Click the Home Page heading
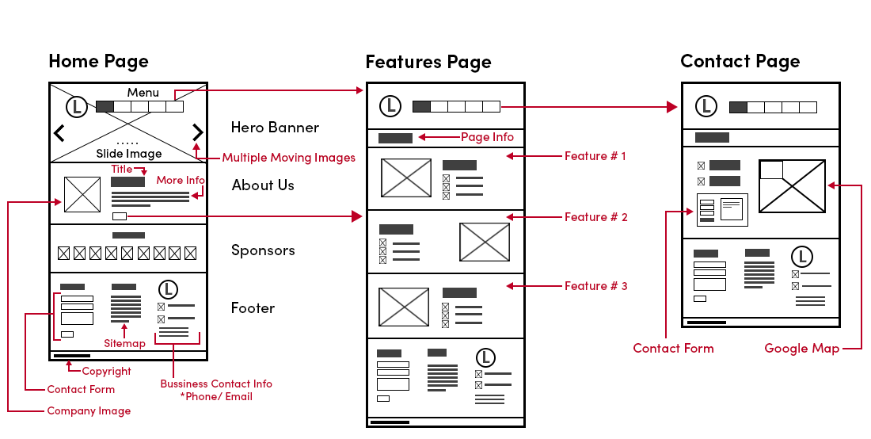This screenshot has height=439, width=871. pos(98,61)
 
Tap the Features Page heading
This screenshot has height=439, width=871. pos(428,62)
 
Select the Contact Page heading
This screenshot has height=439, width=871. pos(740,61)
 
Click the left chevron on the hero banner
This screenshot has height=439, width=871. pos(59,132)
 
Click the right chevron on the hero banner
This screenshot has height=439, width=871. pos(197,132)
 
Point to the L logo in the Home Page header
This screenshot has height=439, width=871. pos(77,106)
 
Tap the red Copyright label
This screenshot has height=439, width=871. pos(106,371)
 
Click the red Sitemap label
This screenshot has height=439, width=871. pos(124,343)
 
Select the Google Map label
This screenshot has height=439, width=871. pos(801,348)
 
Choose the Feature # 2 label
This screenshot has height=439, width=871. pos(595,216)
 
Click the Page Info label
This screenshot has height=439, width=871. pos(487,137)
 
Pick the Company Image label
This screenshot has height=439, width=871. pos(89,410)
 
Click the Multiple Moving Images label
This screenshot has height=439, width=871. pos(288,157)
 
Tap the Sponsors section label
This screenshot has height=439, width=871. pos(263,250)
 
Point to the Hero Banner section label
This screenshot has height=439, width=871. pos(275,127)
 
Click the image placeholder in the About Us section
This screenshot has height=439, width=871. pos(82,194)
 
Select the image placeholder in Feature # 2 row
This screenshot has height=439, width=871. pos(485,242)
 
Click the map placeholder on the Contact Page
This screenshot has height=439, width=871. pos(792,186)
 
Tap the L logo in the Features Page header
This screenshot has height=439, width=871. pos(390,105)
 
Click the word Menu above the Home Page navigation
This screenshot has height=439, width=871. pos(143,93)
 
